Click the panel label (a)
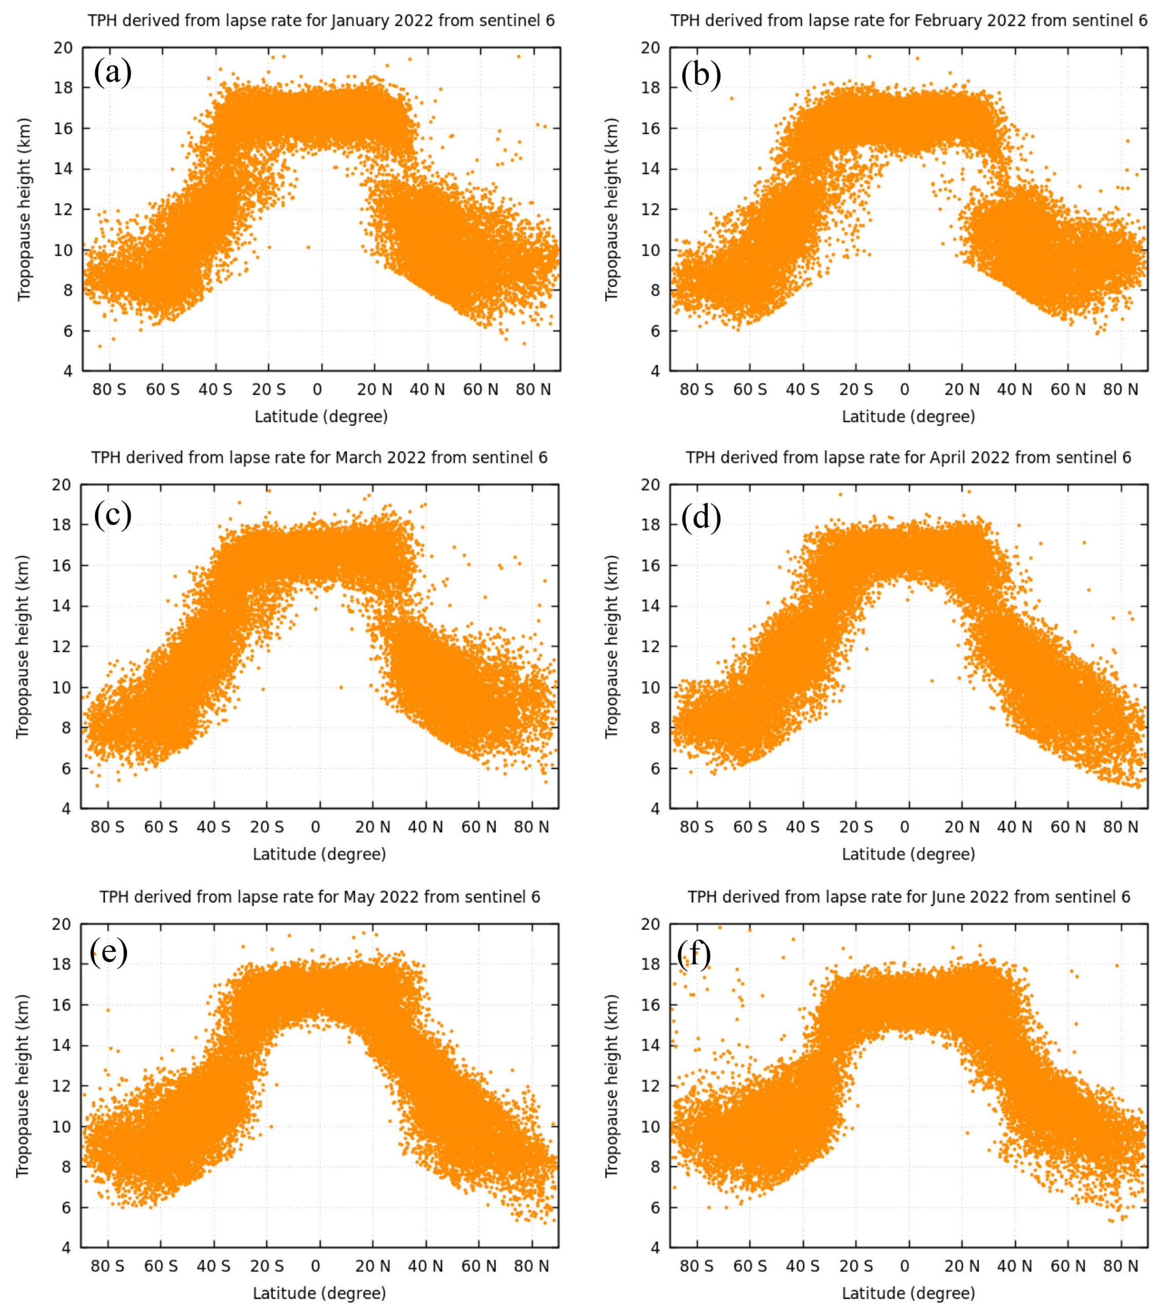click(x=113, y=72)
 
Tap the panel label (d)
click(x=701, y=517)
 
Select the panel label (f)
click(x=695, y=953)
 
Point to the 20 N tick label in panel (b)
click(x=962, y=390)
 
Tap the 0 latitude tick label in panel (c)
click(x=315, y=827)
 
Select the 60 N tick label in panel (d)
click(x=1068, y=827)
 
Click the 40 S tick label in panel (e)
click(x=213, y=1266)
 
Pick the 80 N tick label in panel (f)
click(x=1121, y=1266)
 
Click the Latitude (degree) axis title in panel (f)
click(x=908, y=1293)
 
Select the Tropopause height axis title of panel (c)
click(x=23, y=646)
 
